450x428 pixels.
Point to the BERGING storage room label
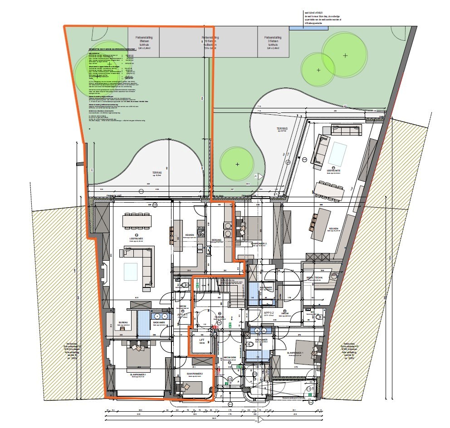tap(216, 240)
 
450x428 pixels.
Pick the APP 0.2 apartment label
tap(269, 313)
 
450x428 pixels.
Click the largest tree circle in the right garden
tap(345, 55)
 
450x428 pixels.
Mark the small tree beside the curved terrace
tap(237, 164)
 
